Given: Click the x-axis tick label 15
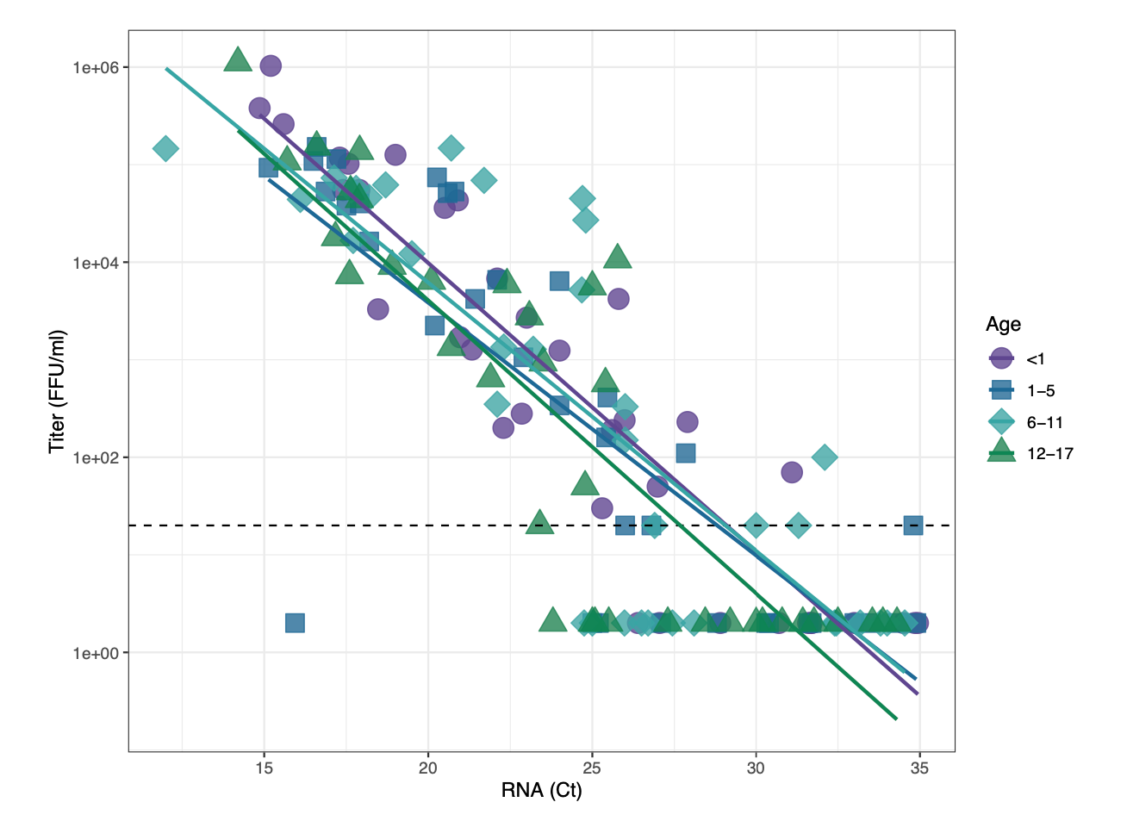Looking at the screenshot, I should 264,768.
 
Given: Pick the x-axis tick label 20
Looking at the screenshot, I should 427,768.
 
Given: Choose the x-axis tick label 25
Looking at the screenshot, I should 592,768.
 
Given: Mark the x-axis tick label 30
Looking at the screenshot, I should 756,768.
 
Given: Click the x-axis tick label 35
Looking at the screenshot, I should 919,768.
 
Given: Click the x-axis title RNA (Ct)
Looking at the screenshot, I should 541,790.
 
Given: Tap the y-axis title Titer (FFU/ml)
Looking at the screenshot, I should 57,391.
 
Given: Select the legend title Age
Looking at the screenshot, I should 1003,324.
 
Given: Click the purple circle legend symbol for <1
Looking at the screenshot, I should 1001,358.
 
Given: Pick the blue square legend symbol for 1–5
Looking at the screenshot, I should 1001,390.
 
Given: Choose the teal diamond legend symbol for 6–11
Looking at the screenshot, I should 1001,422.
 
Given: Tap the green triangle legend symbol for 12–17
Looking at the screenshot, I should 1001,452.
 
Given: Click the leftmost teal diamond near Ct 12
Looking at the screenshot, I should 165,148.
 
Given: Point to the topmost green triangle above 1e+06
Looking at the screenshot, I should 238,60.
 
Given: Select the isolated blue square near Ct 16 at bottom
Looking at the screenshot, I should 295,623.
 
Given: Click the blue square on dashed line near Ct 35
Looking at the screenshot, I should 913,525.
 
